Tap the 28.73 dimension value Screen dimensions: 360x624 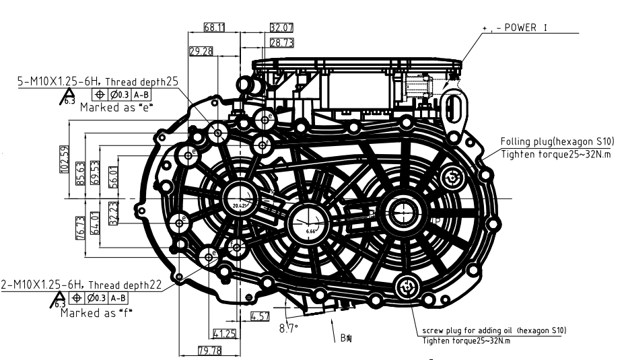click(x=280, y=42)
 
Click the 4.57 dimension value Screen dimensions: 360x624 click(x=260, y=315)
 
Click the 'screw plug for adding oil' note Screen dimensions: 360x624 click(x=494, y=330)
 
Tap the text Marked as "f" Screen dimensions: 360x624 click(x=96, y=312)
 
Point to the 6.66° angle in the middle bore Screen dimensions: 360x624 click(x=310, y=231)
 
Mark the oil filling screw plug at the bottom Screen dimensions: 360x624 click(x=407, y=287)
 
